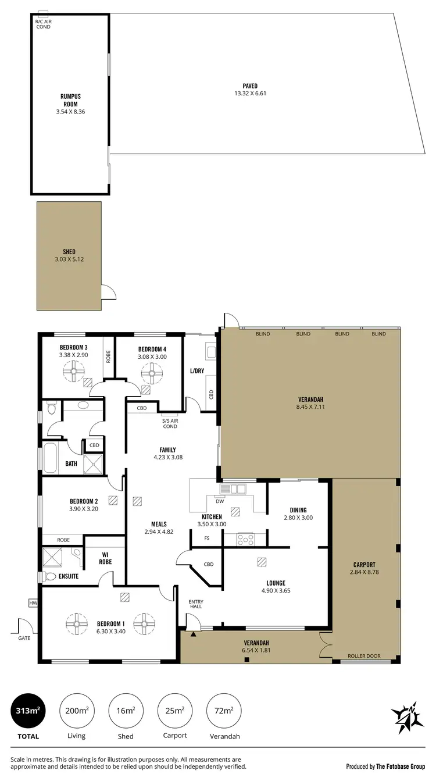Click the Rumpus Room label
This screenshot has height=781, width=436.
coord(69,100)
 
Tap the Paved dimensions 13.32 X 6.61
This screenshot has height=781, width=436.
coord(250,93)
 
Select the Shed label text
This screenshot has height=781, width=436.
coord(69,252)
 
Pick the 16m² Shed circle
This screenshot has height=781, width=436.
coord(126,711)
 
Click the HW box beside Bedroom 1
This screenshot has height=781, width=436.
coord(33,604)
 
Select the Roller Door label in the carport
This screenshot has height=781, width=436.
coord(364,656)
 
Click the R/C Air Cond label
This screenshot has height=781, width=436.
coord(43,24)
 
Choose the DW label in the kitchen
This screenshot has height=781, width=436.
coord(220,501)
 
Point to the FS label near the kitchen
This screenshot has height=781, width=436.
coord(207,538)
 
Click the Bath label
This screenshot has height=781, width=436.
coord(71,463)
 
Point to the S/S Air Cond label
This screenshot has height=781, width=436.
coord(170,424)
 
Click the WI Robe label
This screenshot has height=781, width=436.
coord(105,558)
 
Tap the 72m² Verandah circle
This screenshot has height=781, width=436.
coord(224,711)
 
